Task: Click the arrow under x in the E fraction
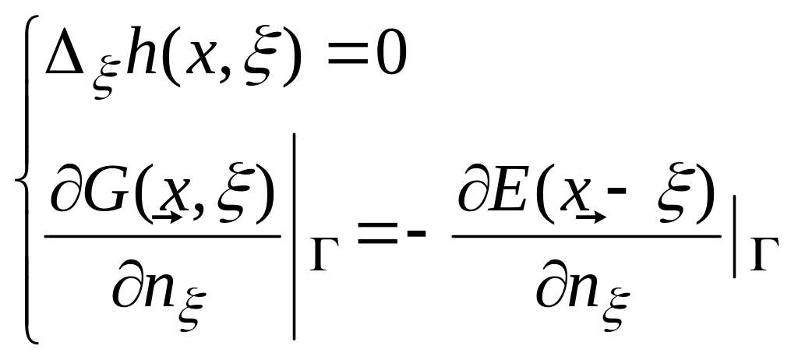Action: pyautogui.click(x=590, y=219)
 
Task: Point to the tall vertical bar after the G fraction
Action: pyautogui.click(x=295, y=234)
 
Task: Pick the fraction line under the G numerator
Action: pyautogui.click(x=162, y=236)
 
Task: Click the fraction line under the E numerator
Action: pyautogui.click(x=585, y=236)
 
